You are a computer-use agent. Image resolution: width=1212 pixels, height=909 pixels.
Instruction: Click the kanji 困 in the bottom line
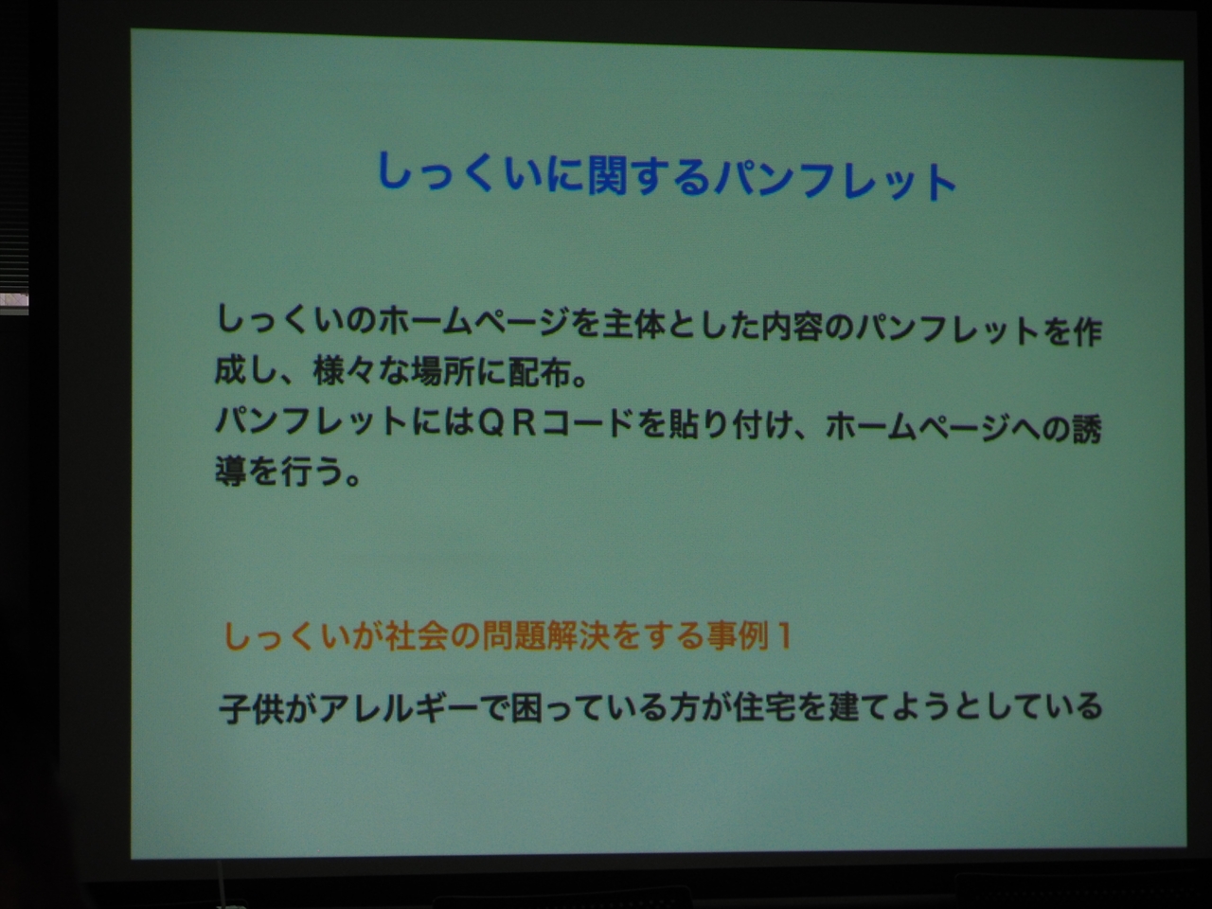click(526, 708)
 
